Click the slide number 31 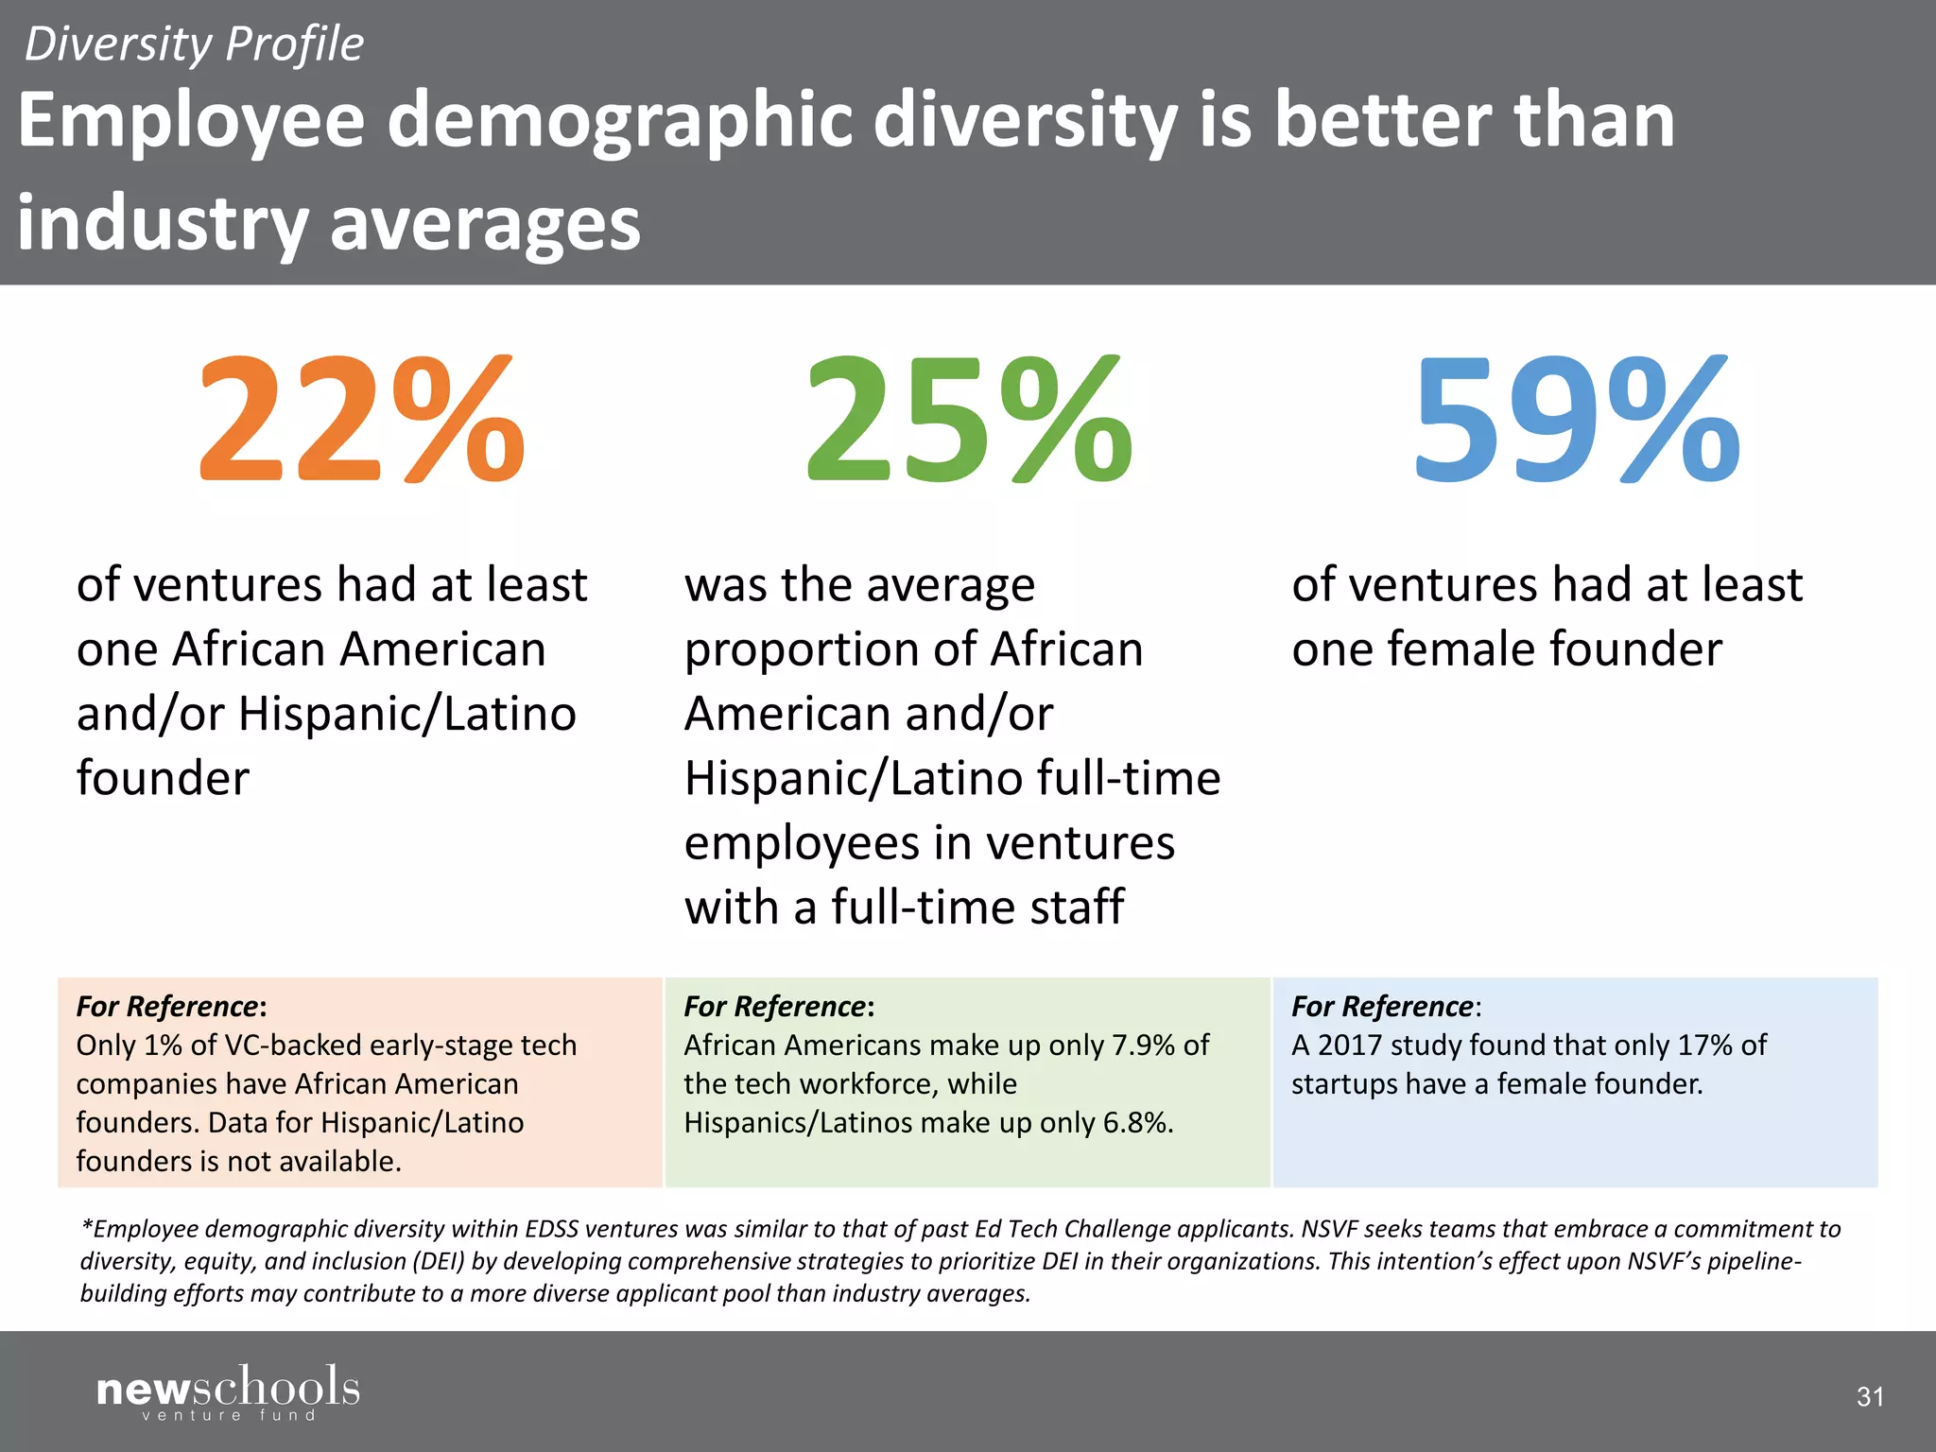tap(1870, 1396)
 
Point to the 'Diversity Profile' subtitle tap(194, 44)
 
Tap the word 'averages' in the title tap(485, 223)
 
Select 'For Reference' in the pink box tap(167, 1006)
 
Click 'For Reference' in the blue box tap(1382, 1006)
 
